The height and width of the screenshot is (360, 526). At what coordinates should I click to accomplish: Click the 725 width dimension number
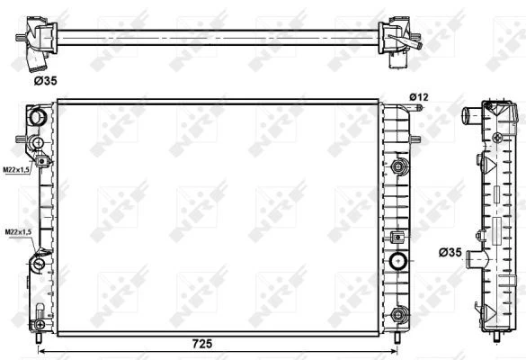point(202,343)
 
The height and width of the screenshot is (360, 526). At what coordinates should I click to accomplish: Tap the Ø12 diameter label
point(419,97)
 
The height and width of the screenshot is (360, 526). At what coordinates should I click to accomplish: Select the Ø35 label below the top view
point(45,81)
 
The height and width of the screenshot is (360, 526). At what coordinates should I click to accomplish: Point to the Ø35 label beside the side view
point(450,252)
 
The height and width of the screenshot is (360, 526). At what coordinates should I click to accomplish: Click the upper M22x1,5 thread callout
point(17,170)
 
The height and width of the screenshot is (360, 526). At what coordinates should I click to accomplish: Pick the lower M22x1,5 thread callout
point(19,232)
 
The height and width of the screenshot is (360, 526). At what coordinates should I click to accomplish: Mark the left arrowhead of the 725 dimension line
point(41,351)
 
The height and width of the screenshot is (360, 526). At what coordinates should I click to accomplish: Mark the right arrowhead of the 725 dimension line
point(394,351)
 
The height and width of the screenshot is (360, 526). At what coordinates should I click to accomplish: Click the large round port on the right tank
point(398,261)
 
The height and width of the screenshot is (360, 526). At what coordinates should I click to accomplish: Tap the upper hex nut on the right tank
point(398,166)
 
